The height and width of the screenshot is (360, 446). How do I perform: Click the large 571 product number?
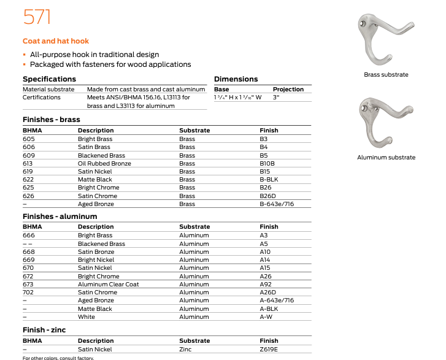(37, 17)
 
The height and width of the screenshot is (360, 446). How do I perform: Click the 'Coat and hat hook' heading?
(56, 41)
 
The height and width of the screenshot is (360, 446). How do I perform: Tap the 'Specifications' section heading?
(49, 79)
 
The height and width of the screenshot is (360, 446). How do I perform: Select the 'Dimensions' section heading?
(236, 79)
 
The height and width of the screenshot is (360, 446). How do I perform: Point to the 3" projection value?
(277, 97)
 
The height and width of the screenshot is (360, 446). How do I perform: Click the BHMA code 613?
(28, 164)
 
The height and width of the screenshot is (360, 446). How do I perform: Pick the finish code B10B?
(267, 164)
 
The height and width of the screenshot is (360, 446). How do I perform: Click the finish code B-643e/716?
(277, 204)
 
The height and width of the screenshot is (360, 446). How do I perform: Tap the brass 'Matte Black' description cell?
(95, 180)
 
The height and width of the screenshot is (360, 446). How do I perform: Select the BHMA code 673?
(28, 285)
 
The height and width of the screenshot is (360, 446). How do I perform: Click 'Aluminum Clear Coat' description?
(109, 285)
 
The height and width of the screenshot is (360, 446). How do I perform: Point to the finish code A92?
(265, 285)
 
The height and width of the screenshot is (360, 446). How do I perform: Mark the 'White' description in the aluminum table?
(87, 316)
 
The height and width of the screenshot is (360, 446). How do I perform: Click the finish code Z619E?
(269, 350)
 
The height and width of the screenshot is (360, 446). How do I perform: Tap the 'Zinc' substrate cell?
(185, 350)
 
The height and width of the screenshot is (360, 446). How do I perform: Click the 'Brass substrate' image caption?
(386, 75)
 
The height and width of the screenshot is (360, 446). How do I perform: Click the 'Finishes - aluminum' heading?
(60, 216)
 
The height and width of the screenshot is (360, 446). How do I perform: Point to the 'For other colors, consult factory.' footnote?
(59, 358)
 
